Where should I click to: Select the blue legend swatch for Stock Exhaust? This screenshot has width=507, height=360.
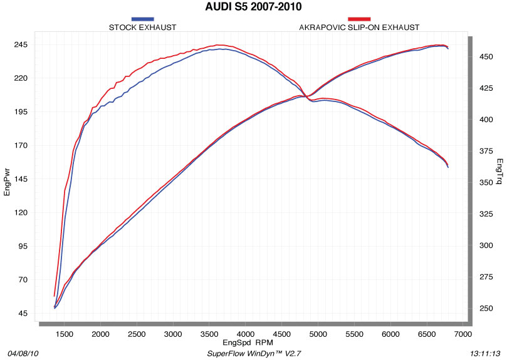143,19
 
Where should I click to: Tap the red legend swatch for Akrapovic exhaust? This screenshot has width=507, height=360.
359,19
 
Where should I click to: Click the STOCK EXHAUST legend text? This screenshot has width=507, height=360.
143,28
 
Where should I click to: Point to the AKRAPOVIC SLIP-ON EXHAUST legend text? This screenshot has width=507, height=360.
359,28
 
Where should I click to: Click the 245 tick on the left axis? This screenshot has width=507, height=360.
19,45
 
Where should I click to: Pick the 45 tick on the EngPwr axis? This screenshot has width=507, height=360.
21,313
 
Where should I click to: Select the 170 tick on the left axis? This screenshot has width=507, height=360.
19,146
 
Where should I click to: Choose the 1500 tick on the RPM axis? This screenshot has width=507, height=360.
65,334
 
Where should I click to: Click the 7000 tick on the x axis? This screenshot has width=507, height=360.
463,334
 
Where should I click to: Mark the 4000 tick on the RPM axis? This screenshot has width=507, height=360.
246,334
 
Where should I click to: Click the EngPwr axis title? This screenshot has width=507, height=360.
7,180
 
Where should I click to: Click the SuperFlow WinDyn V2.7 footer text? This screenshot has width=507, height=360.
253,354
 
